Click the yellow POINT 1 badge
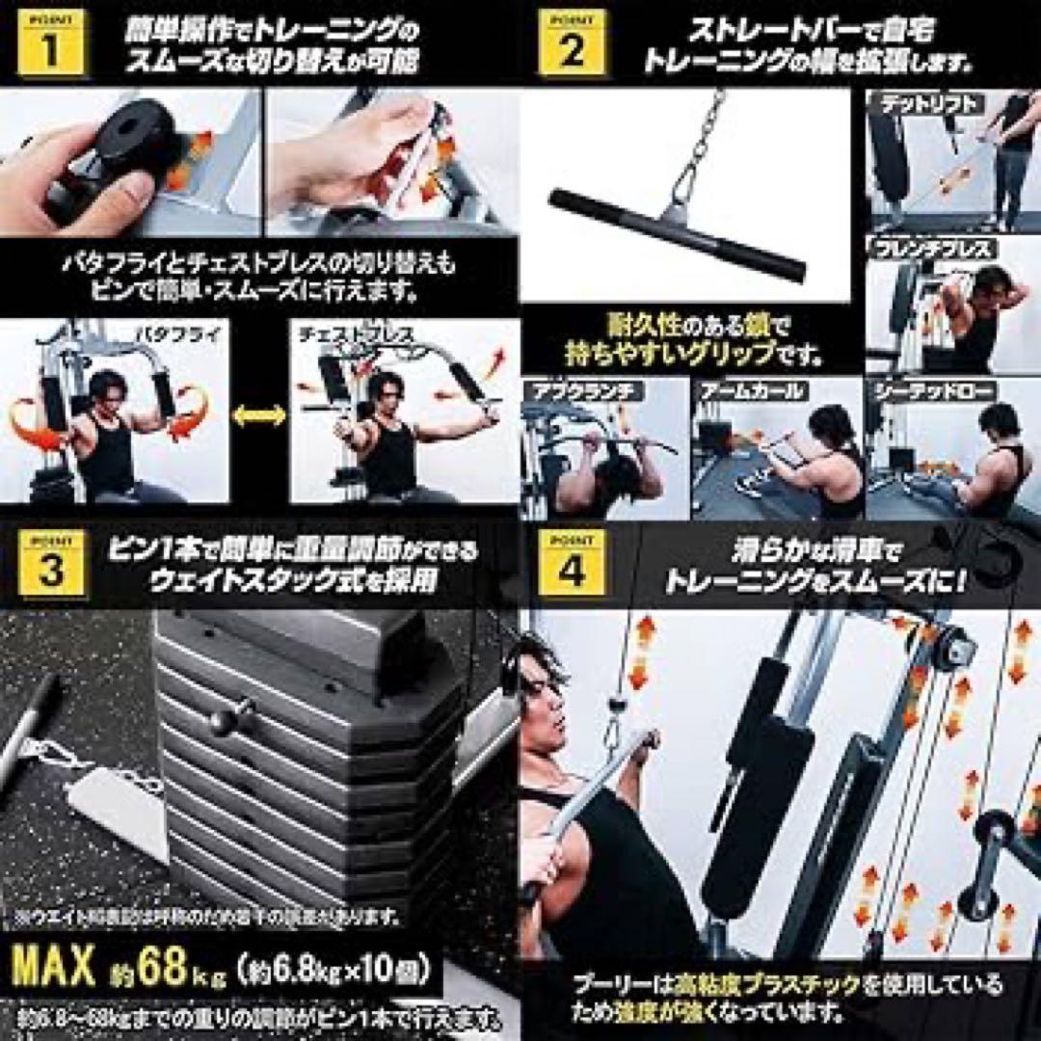(x=51, y=43)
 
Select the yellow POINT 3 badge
(x=51, y=565)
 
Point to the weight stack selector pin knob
(x=232, y=719)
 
